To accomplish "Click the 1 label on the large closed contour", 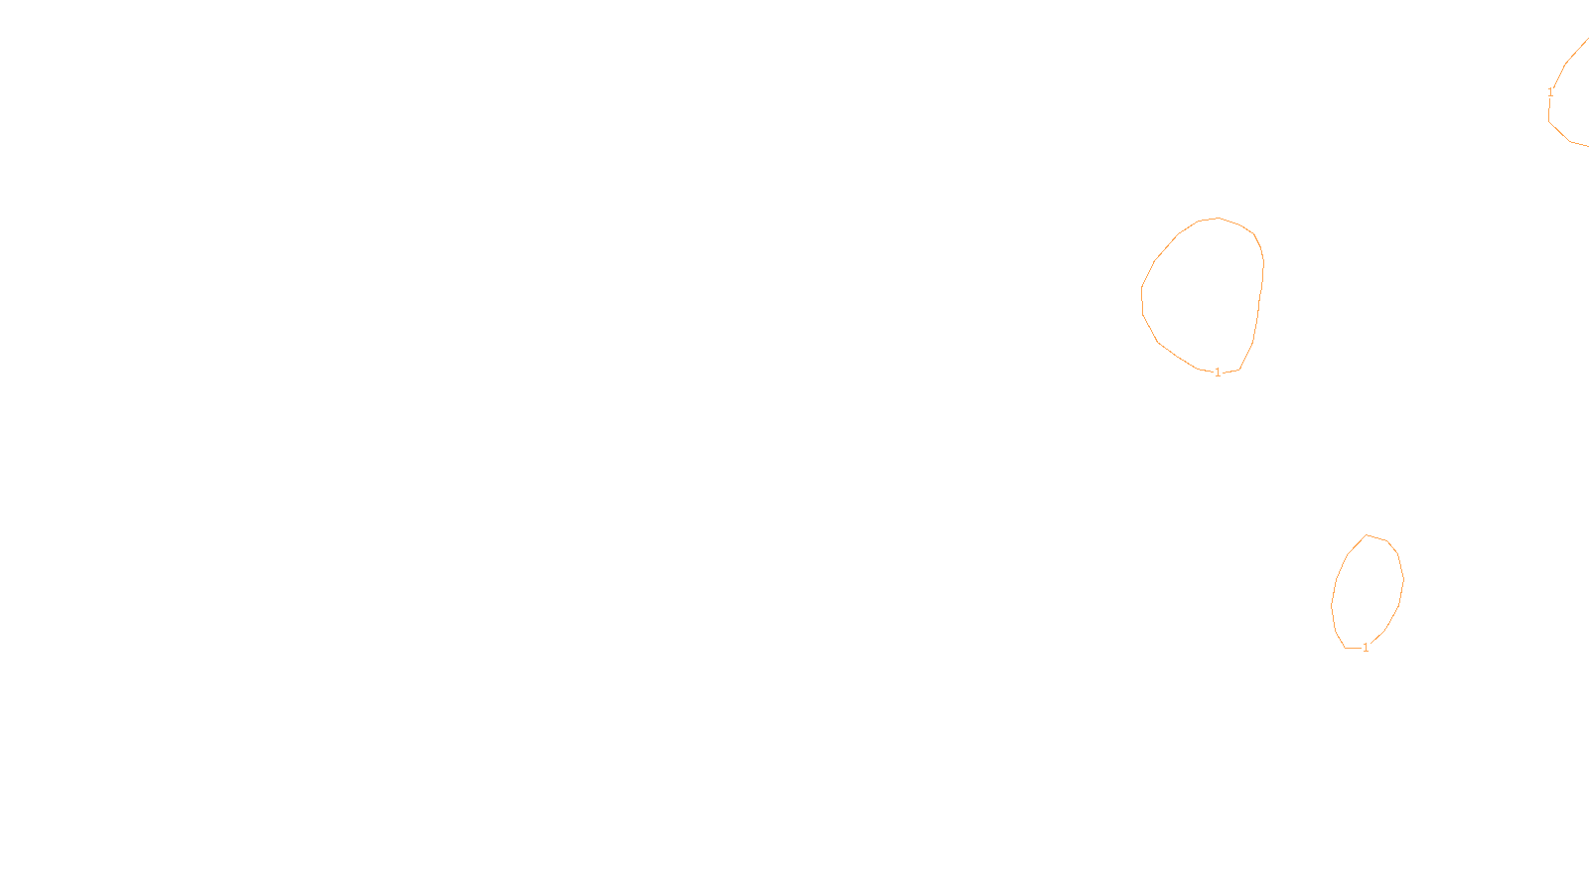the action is point(1218,372).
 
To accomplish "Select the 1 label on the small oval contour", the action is point(1366,648).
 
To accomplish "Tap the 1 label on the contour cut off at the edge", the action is point(1550,92).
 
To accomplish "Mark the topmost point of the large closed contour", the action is point(1219,218).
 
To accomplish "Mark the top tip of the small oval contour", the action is point(1368,534).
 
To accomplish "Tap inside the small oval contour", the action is point(1368,591).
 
